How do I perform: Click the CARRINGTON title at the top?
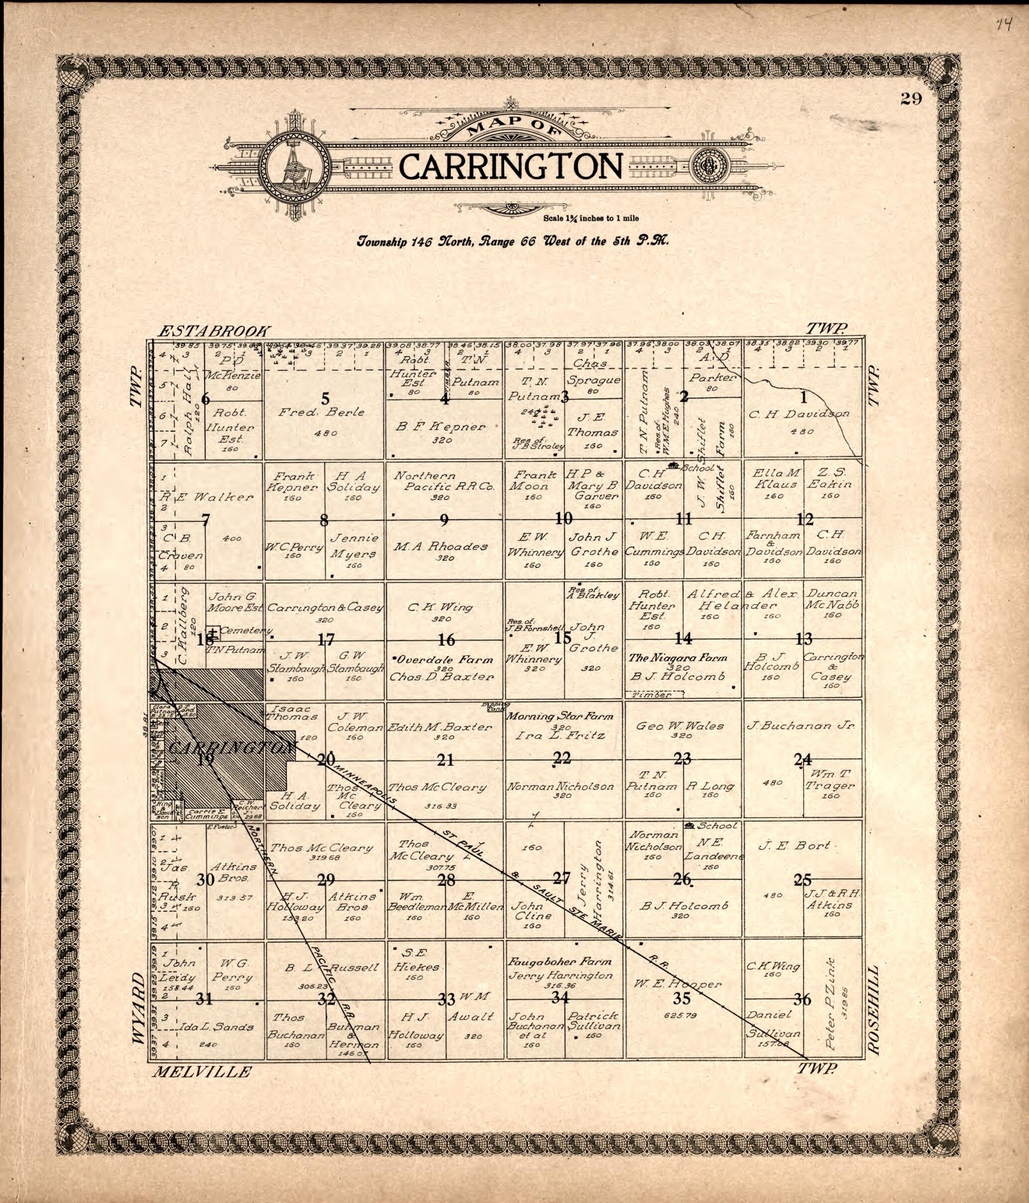(x=510, y=167)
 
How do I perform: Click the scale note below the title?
(x=591, y=219)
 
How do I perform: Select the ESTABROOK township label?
(x=215, y=331)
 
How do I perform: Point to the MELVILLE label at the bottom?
(x=202, y=1072)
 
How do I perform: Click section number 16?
(x=446, y=640)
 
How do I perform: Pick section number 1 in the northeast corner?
(x=804, y=398)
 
